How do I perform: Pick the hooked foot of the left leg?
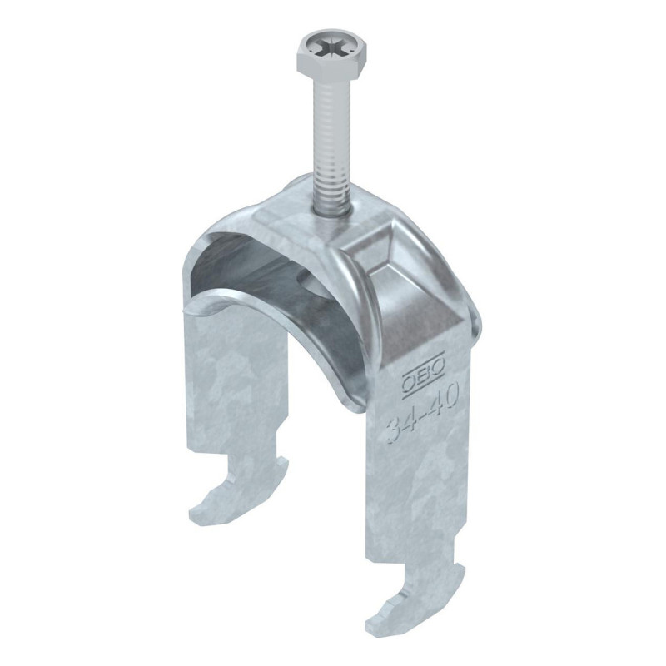click(x=239, y=487)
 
